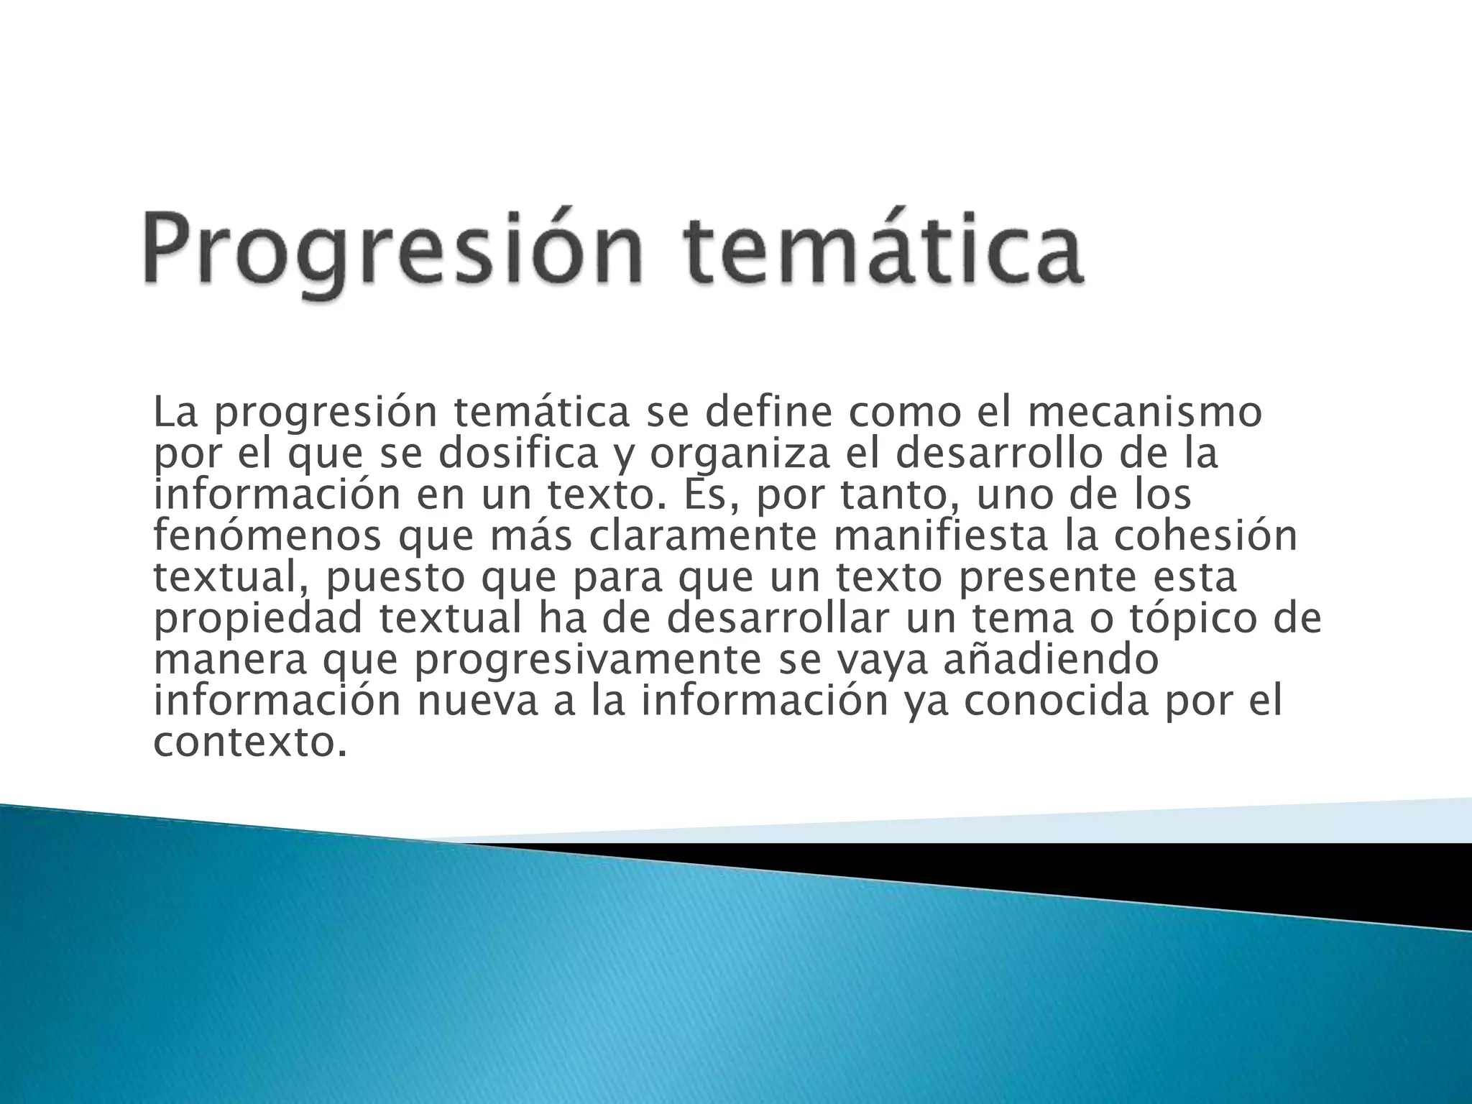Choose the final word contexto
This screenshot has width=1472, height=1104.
[244, 743]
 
